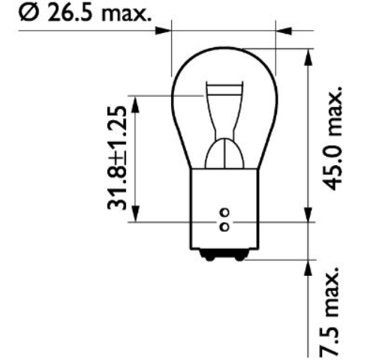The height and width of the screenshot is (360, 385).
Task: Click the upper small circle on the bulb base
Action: (223, 213)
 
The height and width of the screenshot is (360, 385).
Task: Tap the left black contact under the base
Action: (209, 256)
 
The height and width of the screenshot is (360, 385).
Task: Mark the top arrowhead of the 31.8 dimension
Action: (134, 103)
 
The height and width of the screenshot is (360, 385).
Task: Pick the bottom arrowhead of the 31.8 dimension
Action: (134, 214)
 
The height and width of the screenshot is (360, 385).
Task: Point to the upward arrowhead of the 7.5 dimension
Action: (307, 268)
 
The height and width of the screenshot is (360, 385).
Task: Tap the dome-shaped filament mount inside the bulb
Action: (223, 154)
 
